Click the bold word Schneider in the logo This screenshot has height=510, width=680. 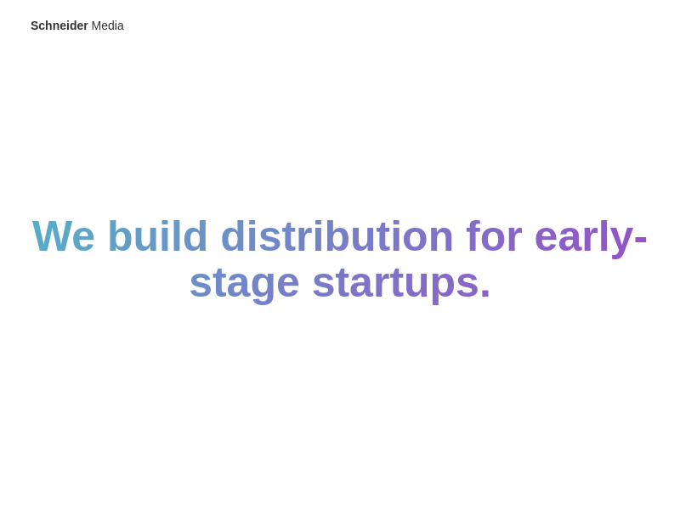pyautogui.click(x=59, y=25)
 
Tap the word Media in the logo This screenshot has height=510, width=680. pyautogui.click(x=108, y=25)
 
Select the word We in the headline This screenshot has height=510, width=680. pyautogui.click(x=63, y=236)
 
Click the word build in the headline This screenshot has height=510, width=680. pyautogui.click(x=158, y=236)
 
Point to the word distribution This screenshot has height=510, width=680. pyautogui.click(x=337, y=236)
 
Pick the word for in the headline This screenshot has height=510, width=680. pyautogui.click(x=494, y=236)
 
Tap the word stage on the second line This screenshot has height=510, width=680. pyautogui.click(x=245, y=285)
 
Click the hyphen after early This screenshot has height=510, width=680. pyautogui.click(x=641, y=240)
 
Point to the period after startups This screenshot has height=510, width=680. pyautogui.click(x=485, y=294)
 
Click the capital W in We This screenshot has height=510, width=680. pyautogui.click(x=52, y=236)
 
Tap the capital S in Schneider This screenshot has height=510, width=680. pyautogui.click(x=35, y=25)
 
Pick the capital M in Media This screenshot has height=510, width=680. pyautogui.click(x=96, y=25)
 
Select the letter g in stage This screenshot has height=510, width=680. pyautogui.click(x=263, y=289)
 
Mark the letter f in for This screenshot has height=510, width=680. pyautogui.click(x=473, y=235)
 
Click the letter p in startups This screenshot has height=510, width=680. pyautogui.click(x=443, y=289)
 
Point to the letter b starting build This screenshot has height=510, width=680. pyautogui.click(x=121, y=235)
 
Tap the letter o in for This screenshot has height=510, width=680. pyautogui.click(x=493, y=240)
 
